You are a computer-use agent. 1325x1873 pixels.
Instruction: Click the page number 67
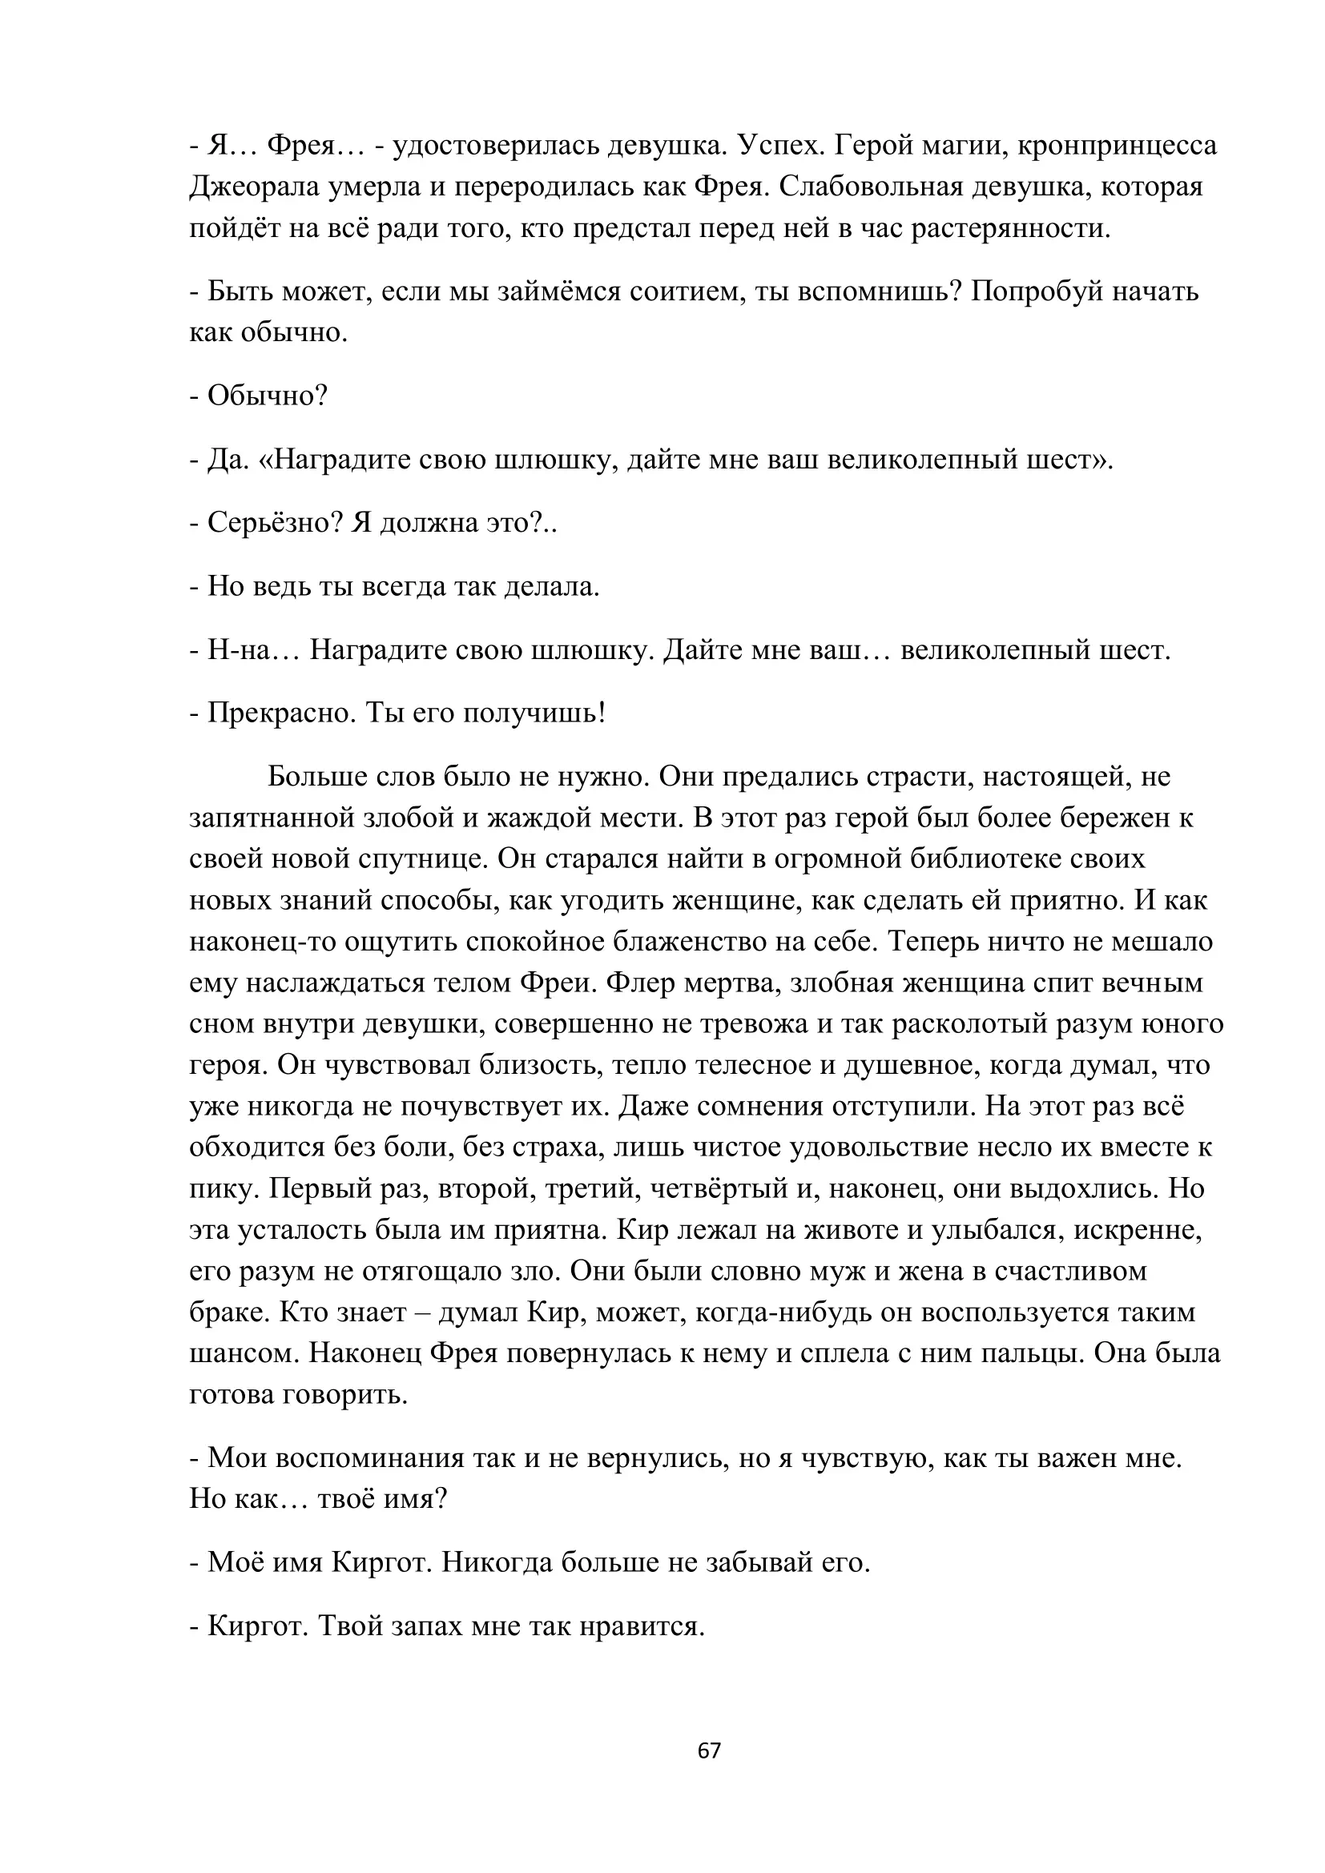click(x=710, y=1750)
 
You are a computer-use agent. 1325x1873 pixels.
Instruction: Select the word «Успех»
click(x=780, y=145)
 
